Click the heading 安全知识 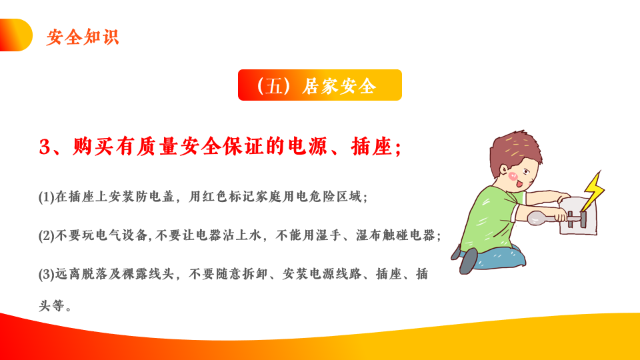[x=83, y=37]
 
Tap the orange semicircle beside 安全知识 [x=15, y=35]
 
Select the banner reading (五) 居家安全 [x=320, y=85]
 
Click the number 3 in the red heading [x=44, y=147]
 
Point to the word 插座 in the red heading [x=371, y=146]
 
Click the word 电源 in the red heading [x=308, y=146]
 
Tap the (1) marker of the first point [x=47, y=197]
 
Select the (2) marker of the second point [x=47, y=236]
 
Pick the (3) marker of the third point [x=47, y=274]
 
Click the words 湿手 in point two [x=328, y=235]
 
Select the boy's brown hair [x=514, y=149]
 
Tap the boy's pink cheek [x=512, y=176]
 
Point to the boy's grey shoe [x=468, y=261]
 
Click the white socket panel [x=579, y=216]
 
